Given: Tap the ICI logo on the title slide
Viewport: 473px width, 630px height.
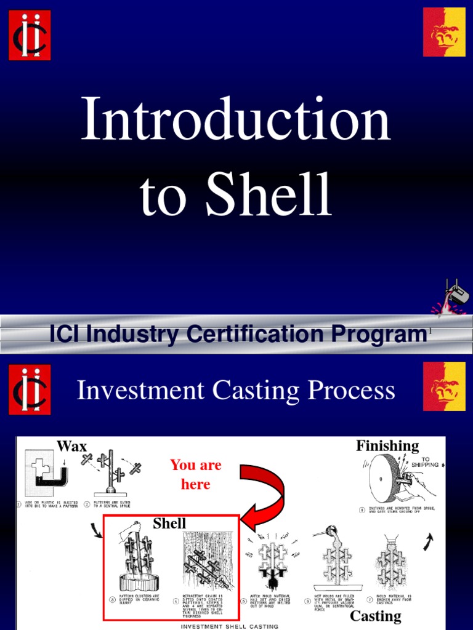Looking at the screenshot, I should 30,34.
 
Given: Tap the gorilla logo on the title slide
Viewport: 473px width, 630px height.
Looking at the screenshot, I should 443,32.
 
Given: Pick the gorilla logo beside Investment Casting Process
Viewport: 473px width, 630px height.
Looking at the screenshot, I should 443,386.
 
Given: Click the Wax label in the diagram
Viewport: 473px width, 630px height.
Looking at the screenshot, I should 72,446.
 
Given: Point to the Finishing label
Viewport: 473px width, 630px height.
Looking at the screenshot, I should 387,446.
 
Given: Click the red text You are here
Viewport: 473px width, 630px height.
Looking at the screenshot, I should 196,474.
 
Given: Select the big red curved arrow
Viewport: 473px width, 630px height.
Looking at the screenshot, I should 265,489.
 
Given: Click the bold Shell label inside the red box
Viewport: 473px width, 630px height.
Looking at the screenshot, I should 169,524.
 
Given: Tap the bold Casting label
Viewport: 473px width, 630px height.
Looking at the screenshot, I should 376,616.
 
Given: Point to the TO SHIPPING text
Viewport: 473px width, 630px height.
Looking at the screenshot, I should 426,462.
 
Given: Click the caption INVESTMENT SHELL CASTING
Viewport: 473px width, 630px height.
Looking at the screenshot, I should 229,626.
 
